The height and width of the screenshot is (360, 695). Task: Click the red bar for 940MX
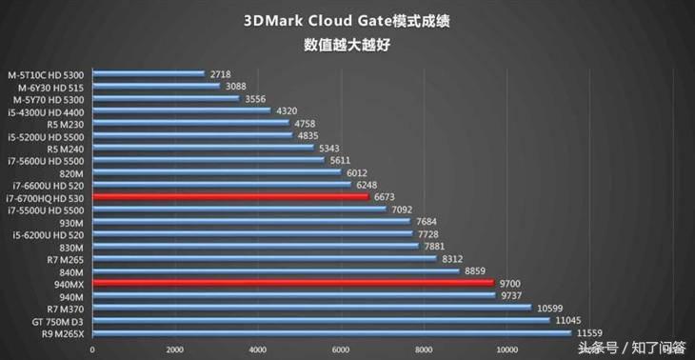(x=291, y=283)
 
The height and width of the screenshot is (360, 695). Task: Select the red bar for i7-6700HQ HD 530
(x=228, y=197)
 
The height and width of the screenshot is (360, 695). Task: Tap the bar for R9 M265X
(x=330, y=332)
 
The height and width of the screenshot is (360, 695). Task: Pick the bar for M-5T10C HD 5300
(x=147, y=73)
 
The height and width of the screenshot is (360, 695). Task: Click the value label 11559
(x=590, y=333)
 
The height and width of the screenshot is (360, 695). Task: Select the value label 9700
(x=509, y=284)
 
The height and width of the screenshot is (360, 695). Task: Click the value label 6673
(x=384, y=197)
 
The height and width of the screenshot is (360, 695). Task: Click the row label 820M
(x=71, y=172)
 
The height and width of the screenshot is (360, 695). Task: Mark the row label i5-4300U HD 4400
(x=45, y=110)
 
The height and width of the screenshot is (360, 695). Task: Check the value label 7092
(x=402, y=210)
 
